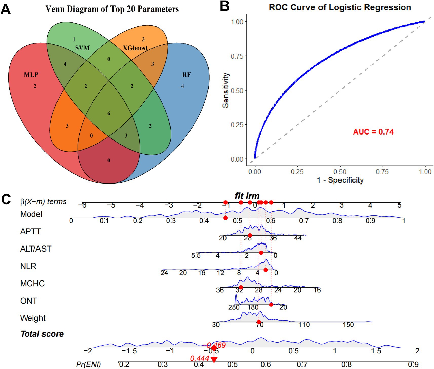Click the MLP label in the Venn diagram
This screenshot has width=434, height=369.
click(31, 75)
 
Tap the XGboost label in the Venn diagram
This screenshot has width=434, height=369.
click(135, 48)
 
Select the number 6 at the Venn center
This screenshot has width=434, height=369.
click(109, 113)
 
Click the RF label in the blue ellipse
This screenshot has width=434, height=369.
click(186, 75)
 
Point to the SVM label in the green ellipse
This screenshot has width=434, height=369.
click(82, 48)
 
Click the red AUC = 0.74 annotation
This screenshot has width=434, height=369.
click(373, 132)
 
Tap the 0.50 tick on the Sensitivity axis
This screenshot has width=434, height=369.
click(237, 91)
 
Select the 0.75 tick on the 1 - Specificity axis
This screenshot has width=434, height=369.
click(382, 172)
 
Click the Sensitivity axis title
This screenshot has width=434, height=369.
click(225, 90)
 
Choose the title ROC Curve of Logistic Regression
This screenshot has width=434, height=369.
click(340, 8)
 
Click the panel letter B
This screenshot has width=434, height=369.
click(224, 6)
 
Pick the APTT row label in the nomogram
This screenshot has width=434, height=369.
click(30, 231)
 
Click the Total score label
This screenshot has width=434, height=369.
click(42, 334)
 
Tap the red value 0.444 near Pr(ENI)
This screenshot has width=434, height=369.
click(199, 358)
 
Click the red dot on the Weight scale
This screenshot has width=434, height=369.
click(259, 322)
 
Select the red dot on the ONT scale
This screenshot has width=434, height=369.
click(271, 305)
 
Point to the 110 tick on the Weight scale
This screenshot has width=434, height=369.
click(304, 325)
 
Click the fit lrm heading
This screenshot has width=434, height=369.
click(247, 196)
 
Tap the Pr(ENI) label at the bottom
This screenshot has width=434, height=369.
click(88, 364)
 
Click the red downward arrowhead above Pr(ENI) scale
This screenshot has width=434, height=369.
click(214, 360)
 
